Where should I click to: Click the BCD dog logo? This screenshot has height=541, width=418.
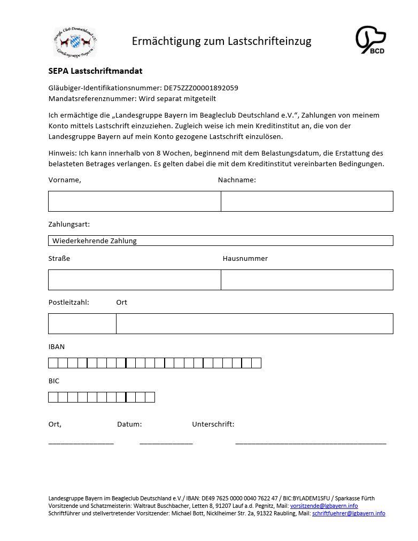(370, 40)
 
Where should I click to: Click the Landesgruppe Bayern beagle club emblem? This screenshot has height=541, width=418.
(75, 42)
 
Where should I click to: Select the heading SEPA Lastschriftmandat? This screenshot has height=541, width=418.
(95, 71)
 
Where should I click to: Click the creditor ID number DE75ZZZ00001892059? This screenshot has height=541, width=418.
(200, 88)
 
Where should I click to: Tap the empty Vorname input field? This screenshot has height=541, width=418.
(134, 201)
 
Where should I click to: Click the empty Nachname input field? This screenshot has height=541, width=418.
(307, 201)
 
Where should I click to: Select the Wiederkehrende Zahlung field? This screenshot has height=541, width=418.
(220, 241)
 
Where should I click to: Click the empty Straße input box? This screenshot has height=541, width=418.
(134, 280)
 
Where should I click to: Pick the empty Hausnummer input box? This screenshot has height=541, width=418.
(307, 280)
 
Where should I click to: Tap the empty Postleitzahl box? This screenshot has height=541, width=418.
(82, 323)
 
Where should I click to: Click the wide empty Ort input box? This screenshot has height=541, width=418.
(254, 323)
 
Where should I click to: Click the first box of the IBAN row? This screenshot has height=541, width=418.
(53, 363)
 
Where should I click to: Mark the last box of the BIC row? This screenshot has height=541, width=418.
(150, 397)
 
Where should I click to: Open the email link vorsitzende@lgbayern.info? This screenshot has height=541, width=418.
(324, 506)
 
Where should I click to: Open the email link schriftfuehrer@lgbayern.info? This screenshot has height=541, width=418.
(349, 513)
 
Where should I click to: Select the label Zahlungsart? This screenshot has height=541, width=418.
(69, 224)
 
